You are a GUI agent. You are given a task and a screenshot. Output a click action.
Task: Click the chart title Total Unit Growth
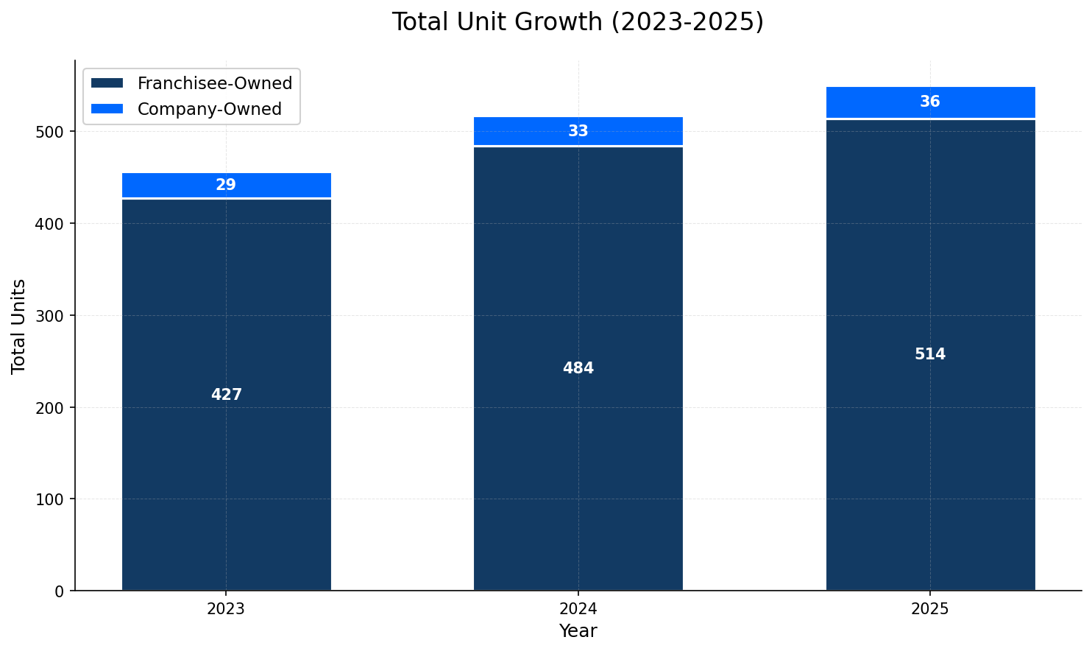click(x=578, y=22)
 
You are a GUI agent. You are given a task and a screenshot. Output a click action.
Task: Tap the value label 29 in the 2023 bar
click(x=226, y=185)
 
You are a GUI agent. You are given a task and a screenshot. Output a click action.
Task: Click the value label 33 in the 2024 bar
click(x=578, y=131)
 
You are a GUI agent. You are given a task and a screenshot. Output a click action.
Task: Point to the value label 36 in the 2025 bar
click(x=930, y=102)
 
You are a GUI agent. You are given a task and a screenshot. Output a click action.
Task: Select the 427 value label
click(x=226, y=395)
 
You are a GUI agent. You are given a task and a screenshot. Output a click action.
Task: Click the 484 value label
click(x=578, y=368)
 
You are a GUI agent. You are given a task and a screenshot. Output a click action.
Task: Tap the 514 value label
click(x=930, y=354)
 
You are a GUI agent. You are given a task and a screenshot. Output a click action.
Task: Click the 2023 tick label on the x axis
click(x=226, y=609)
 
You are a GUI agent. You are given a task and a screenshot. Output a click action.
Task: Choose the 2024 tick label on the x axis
click(x=578, y=609)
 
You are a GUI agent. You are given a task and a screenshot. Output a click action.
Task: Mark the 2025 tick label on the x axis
click(x=930, y=609)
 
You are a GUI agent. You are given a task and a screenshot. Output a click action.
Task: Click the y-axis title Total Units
click(x=19, y=325)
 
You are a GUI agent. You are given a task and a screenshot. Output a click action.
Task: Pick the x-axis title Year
click(x=578, y=631)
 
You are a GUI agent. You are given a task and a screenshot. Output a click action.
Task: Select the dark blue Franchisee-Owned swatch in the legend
click(x=107, y=83)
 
